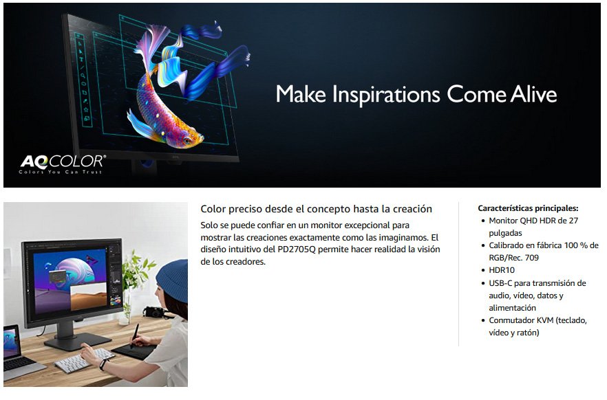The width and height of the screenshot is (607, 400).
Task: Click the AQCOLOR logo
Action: (x=63, y=164)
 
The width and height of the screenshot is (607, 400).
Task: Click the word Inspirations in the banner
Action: (x=386, y=95)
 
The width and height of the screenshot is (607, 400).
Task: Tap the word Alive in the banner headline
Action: (x=533, y=94)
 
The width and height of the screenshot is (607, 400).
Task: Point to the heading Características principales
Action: (x=528, y=208)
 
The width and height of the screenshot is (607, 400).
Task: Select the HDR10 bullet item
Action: (x=502, y=269)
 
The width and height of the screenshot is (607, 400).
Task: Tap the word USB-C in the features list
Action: (x=500, y=283)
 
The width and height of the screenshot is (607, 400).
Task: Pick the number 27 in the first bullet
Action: (x=573, y=221)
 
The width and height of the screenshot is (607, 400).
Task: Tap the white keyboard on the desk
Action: (x=84, y=360)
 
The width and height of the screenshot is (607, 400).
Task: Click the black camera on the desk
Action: (x=153, y=311)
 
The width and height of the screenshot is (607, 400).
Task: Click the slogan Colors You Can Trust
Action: (x=61, y=172)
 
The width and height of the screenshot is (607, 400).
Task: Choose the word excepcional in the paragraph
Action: (x=367, y=225)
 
